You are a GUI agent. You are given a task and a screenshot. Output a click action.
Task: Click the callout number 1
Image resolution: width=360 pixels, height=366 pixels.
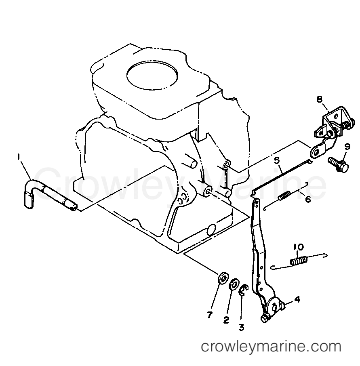18,157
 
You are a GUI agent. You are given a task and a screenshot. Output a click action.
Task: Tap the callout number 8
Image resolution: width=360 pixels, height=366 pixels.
319,99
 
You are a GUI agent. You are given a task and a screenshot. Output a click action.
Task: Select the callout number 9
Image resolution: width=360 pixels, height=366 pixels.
347,147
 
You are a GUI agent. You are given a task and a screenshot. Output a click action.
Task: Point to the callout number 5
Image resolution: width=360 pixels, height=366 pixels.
277,161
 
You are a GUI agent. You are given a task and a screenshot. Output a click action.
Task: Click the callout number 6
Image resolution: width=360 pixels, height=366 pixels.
308,199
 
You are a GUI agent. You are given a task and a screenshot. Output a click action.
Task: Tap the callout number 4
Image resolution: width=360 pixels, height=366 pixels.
297,299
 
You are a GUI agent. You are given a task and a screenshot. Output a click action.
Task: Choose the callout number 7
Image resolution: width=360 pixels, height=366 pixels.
209,315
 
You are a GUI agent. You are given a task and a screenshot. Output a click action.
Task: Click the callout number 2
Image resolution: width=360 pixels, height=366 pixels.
226,320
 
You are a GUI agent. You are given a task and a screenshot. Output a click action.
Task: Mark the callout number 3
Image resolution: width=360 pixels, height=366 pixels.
241,327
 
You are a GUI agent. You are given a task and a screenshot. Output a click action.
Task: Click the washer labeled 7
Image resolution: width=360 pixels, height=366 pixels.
223,278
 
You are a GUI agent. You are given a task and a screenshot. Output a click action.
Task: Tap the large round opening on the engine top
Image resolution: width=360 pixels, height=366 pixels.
152,75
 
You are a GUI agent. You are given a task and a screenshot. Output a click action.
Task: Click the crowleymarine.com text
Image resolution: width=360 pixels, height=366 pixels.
271,347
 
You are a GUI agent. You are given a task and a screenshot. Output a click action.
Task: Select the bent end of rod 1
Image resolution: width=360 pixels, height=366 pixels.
29,194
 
